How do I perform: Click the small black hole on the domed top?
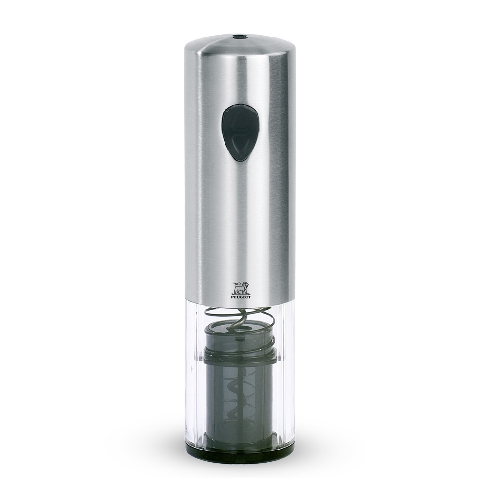(x=238, y=37)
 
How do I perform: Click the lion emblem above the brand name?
(x=241, y=288)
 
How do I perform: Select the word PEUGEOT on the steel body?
(x=241, y=297)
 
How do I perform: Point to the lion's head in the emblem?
(x=245, y=285)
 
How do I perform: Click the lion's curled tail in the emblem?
(x=236, y=284)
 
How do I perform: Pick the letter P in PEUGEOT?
(x=232, y=297)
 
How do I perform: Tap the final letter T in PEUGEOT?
(x=250, y=297)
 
